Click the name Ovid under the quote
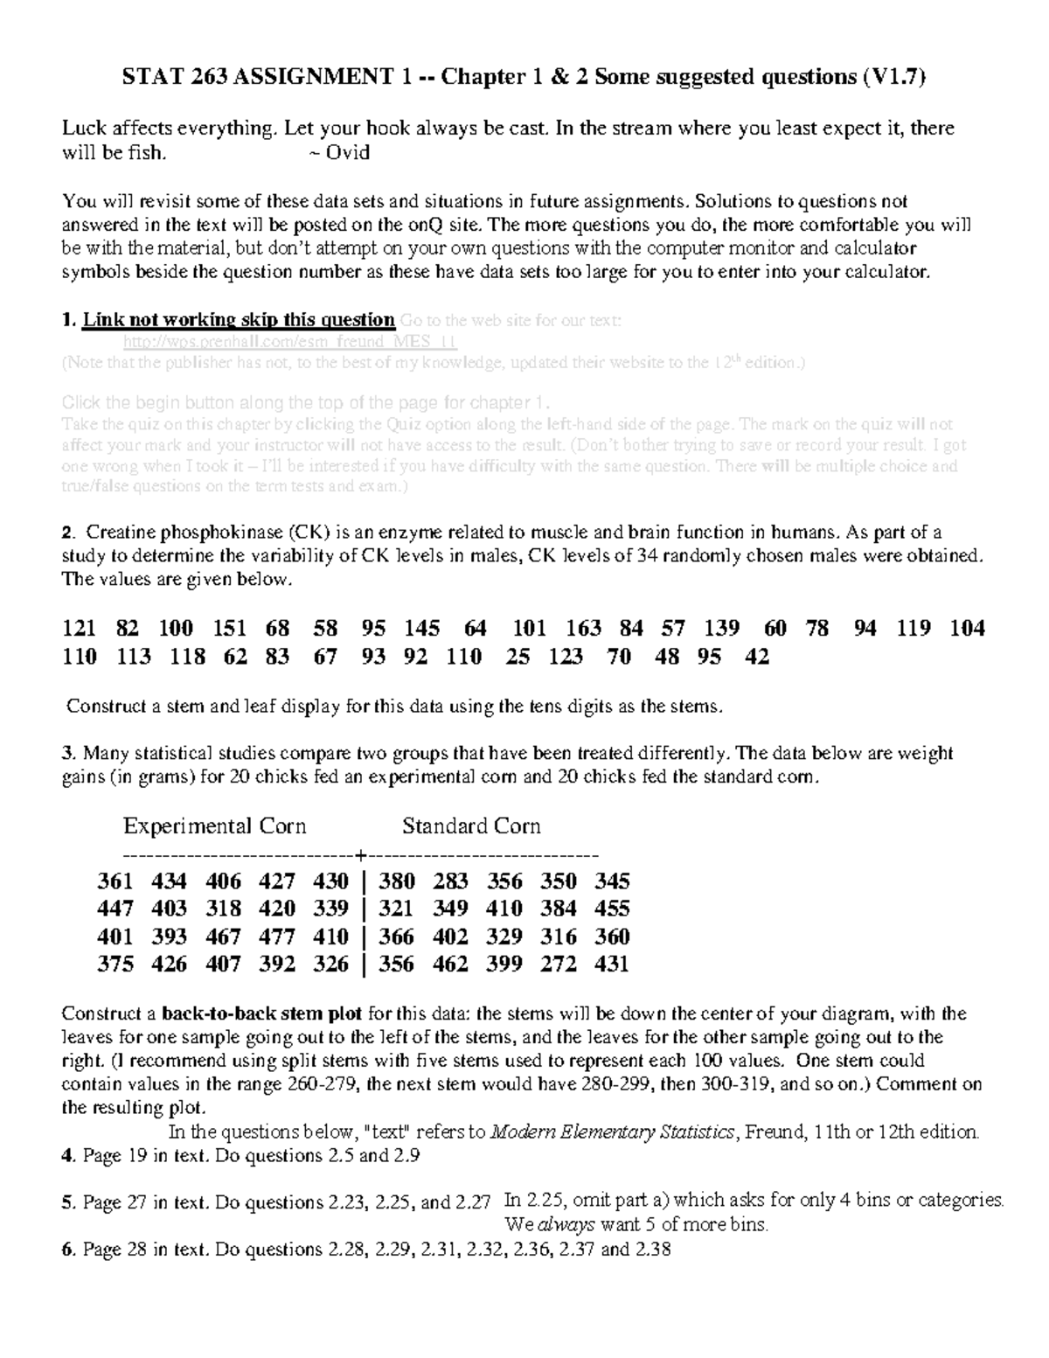(x=348, y=152)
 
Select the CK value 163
(x=583, y=628)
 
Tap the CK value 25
(x=518, y=657)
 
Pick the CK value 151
(x=230, y=628)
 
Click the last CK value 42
(x=756, y=657)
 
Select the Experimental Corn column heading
(x=214, y=826)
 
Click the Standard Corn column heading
(x=471, y=826)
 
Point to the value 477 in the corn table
(x=277, y=937)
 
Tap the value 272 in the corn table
(x=559, y=965)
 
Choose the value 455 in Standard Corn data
(x=612, y=909)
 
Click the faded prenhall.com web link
(x=290, y=341)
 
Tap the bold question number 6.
(x=67, y=1250)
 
